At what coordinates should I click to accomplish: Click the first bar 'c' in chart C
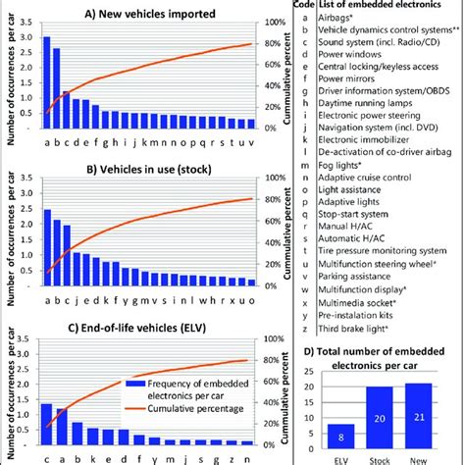pos(46,416)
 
